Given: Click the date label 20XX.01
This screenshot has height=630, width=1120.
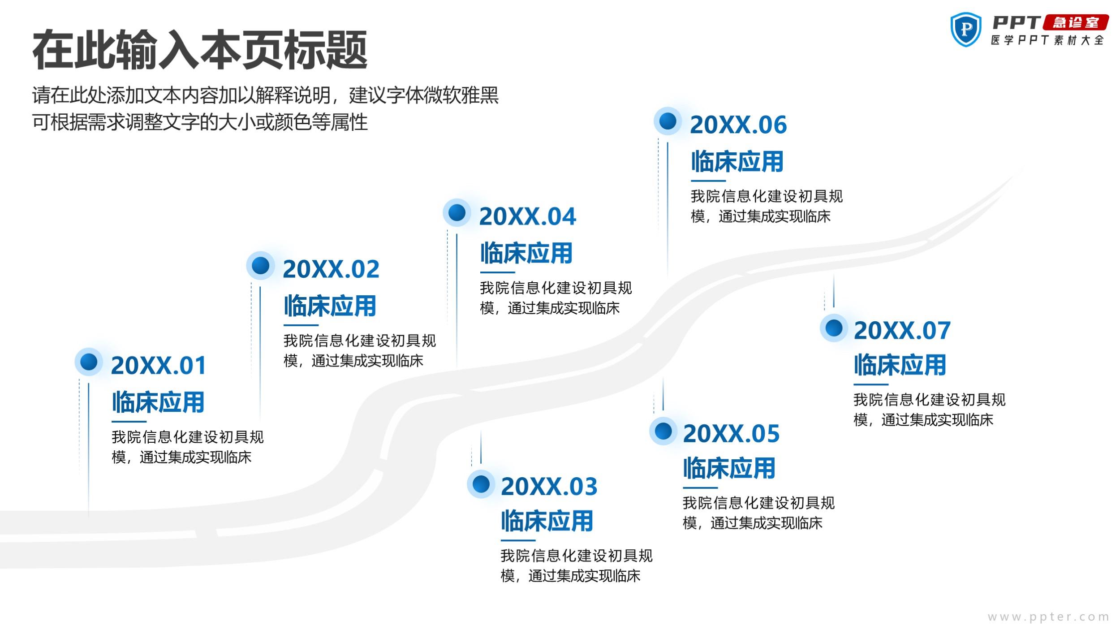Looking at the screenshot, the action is (158, 365).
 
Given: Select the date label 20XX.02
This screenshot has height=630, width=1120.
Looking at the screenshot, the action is (331, 269).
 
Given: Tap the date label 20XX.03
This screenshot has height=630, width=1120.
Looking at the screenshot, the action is (549, 486).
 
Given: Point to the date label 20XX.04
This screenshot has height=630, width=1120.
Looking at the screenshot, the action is (528, 216).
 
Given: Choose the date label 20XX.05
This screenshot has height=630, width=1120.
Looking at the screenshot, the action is (731, 433).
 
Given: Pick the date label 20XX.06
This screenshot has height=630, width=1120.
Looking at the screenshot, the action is (738, 125).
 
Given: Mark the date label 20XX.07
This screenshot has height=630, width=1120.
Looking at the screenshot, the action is (902, 331).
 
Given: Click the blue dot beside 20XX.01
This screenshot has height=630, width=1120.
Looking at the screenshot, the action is (89, 362).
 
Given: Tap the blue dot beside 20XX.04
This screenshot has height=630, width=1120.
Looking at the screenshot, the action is (457, 212).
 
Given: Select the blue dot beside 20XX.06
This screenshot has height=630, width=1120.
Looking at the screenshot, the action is (668, 121).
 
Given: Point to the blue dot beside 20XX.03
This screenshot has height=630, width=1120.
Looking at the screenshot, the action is (481, 484).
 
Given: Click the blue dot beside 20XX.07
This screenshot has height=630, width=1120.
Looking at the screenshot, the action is (834, 328).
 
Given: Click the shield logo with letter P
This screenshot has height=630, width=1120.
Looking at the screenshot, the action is (966, 29).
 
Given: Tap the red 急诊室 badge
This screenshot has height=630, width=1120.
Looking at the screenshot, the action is (1076, 22).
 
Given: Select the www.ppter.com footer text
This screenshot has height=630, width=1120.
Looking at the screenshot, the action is (1048, 617).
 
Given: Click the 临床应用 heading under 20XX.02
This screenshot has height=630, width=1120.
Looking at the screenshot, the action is (330, 306).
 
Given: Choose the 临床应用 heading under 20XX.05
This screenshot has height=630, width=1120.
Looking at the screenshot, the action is (729, 468).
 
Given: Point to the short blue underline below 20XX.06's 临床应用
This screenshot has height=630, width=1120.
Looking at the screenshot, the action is (708, 181).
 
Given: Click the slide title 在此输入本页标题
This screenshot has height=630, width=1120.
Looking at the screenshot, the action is (200, 49).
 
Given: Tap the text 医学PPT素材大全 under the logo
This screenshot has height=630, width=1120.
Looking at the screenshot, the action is (1047, 40).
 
